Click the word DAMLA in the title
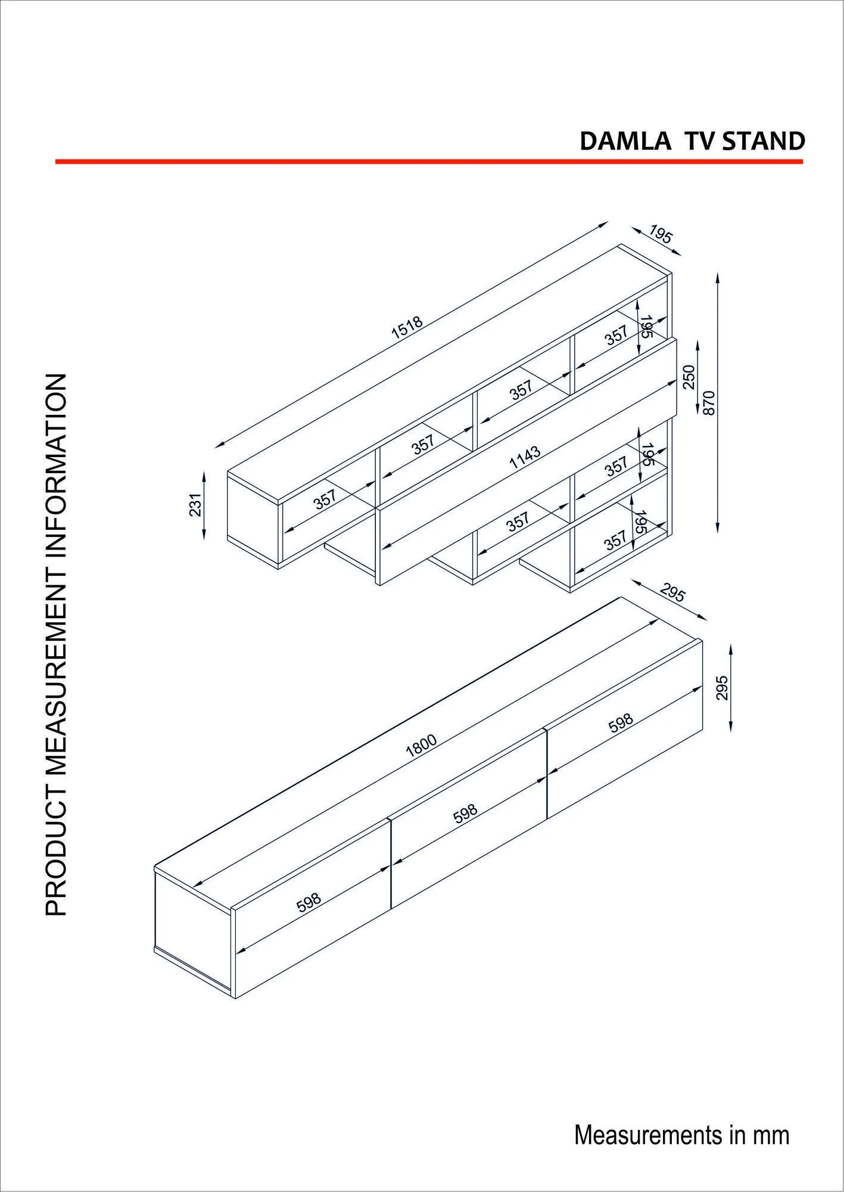[624, 141]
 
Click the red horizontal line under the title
[429, 161]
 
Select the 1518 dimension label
[407, 327]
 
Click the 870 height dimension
[708, 403]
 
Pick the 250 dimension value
[689, 377]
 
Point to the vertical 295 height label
[722, 687]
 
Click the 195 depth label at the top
[660, 234]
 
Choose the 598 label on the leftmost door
[309, 919]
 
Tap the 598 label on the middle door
[465, 814]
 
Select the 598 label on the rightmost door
[621, 723]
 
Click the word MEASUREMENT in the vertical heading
[56, 622]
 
